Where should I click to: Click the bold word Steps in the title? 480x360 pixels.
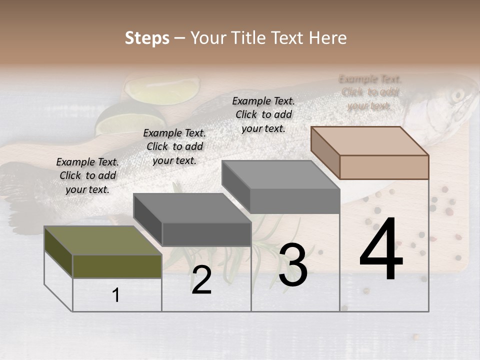pyautogui.click(x=147, y=38)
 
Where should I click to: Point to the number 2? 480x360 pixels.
pyautogui.click(x=201, y=280)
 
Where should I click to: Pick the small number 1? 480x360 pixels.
pyautogui.click(x=116, y=295)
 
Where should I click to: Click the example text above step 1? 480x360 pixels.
pyautogui.click(x=87, y=175)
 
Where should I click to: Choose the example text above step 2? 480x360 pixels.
pyautogui.click(x=174, y=146)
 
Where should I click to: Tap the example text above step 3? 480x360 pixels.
pyautogui.click(x=263, y=114)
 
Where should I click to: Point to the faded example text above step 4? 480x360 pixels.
pyautogui.click(x=369, y=92)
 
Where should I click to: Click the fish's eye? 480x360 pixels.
pyautogui.click(x=457, y=95)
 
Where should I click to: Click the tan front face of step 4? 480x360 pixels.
pyautogui.click(x=384, y=167)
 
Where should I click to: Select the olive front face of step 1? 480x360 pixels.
pyautogui.click(x=117, y=266)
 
